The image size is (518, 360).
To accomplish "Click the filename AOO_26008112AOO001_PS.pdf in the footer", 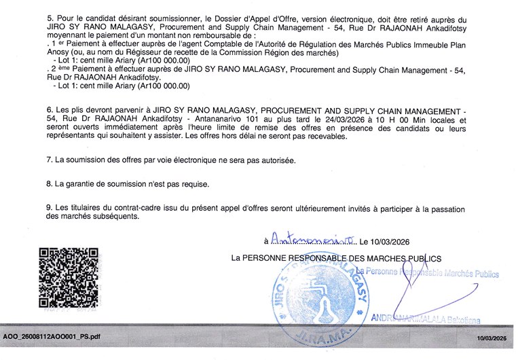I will pos(52,336).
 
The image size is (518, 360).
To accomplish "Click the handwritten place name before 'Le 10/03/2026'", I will pos(313,240).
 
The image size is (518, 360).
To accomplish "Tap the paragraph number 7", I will pos(49,160).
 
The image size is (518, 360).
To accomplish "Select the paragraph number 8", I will pos(49,183).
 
